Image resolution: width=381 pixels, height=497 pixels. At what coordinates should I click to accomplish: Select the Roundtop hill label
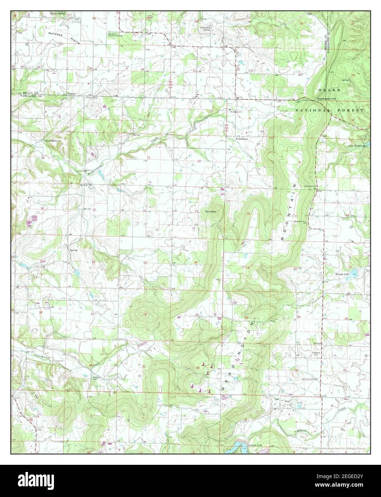[211, 212]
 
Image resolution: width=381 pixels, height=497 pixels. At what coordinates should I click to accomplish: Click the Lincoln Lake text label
[255, 446]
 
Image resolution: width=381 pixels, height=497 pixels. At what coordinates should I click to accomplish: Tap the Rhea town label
[286, 401]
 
